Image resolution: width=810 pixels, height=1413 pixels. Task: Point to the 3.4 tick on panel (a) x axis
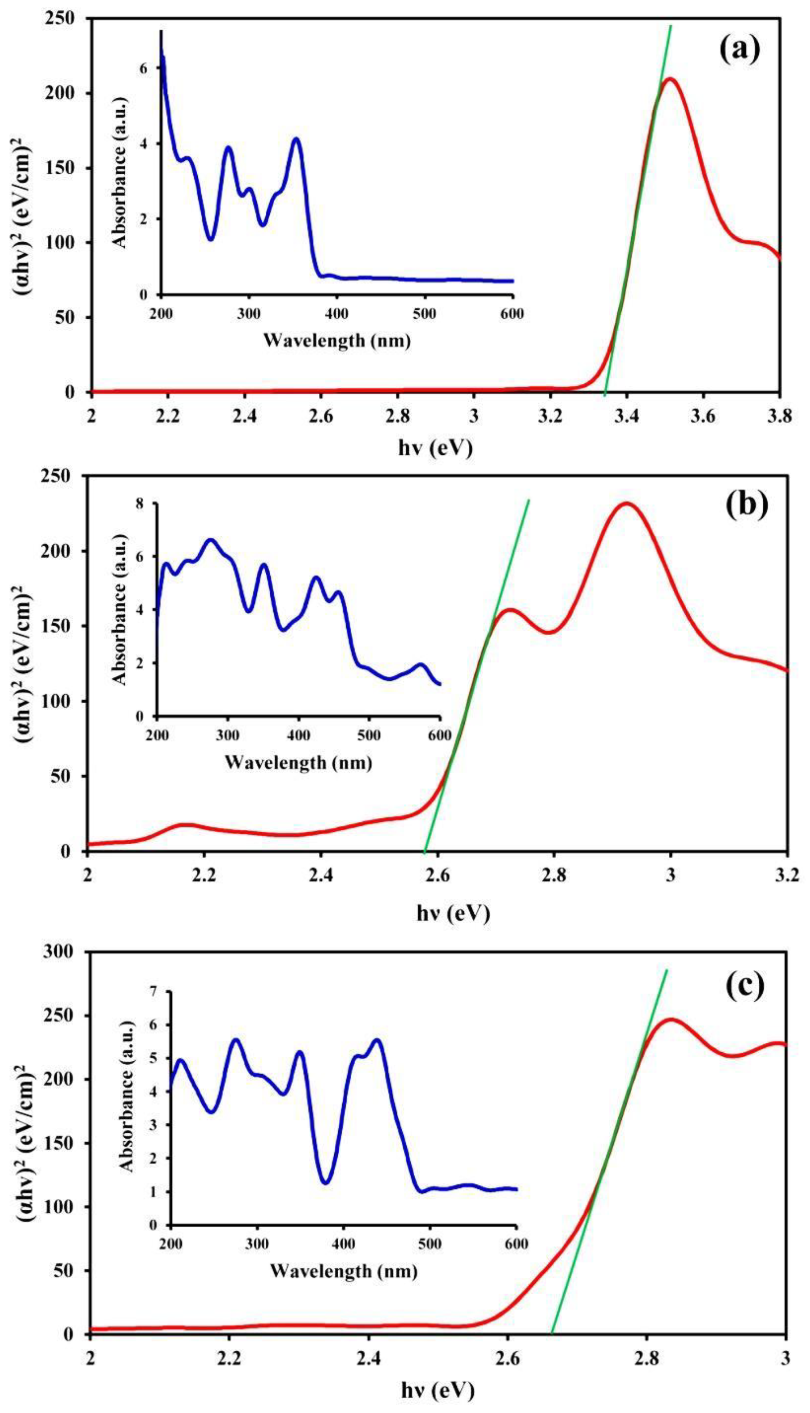coord(627,415)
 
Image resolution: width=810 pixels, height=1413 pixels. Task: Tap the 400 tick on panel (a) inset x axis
coord(337,313)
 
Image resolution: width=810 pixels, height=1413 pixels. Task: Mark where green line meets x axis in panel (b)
coord(424,851)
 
